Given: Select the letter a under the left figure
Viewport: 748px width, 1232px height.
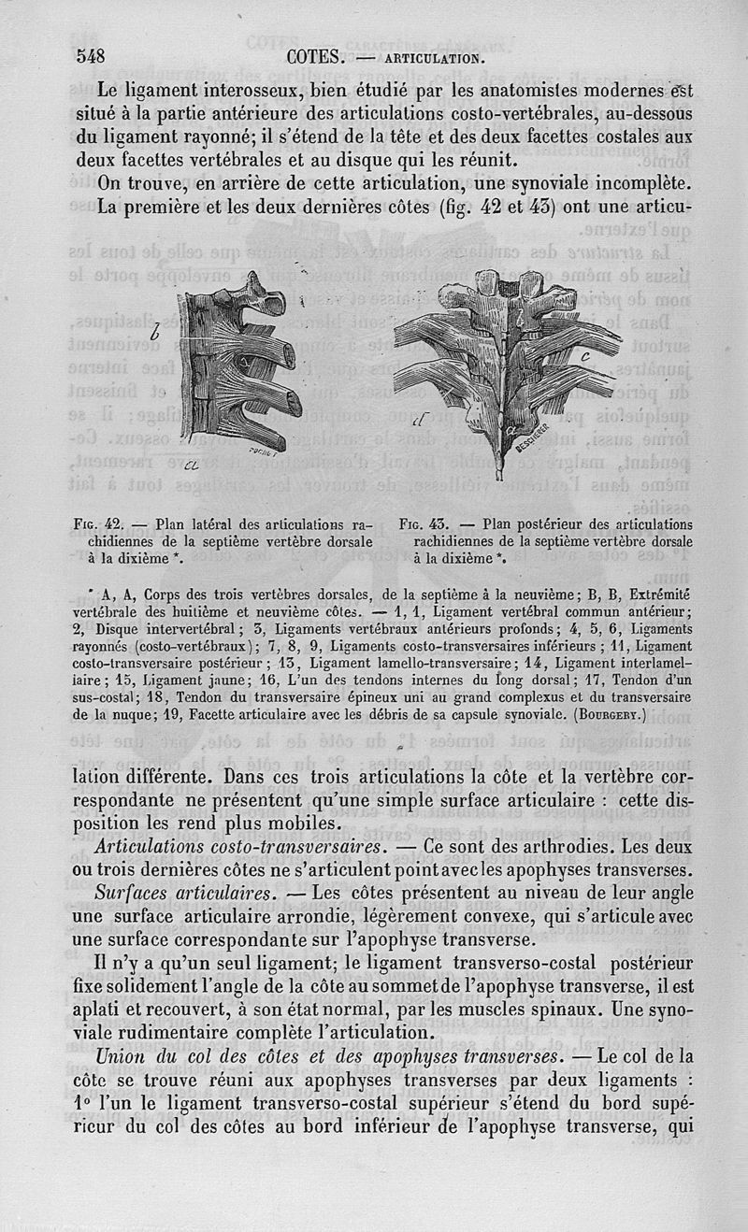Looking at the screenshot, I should [x=192, y=466].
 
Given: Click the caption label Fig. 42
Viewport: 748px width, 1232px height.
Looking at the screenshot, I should [x=97, y=524].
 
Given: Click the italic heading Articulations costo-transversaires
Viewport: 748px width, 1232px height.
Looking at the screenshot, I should [x=241, y=846].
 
